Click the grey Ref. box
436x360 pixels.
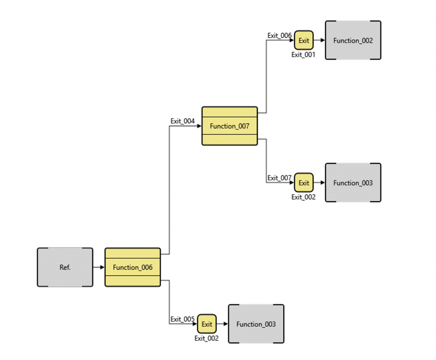click(x=65, y=267)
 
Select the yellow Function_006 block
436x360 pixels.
click(x=132, y=267)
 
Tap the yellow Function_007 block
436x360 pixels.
click(x=229, y=126)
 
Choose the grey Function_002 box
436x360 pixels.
click(x=353, y=40)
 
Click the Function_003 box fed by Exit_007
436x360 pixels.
click(x=353, y=183)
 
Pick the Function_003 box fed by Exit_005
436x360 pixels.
click(x=256, y=324)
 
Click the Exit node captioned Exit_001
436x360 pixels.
click(x=304, y=40)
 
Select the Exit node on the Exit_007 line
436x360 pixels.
click(x=304, y=183)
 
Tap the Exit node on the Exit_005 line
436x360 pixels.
click(x=207, y=324)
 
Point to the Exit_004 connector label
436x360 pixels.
click(x=182, y=121)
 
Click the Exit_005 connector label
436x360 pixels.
click(x=182, y=319)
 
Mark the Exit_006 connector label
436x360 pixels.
click(x=279, y=35)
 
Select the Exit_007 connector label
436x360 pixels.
click(x=279, y=178)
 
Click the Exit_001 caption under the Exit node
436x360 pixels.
click(x=304, y=55)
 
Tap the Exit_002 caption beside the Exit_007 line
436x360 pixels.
click(x=304, y=197)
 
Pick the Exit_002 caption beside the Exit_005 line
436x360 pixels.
click(x=207, y=338)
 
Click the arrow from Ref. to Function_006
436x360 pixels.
click(x=98, y=267)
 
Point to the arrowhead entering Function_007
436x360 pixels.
click(x=199, y=126)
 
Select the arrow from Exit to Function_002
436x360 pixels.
click(x=319, y=40)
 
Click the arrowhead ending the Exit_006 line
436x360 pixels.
click(x=292, y=40)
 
